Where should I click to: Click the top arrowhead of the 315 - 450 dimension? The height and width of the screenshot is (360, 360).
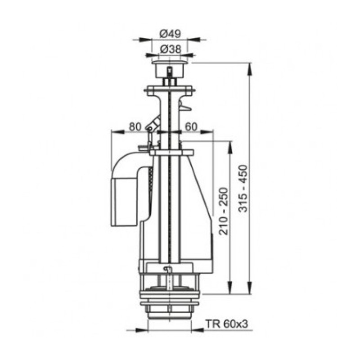pos(249,67)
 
